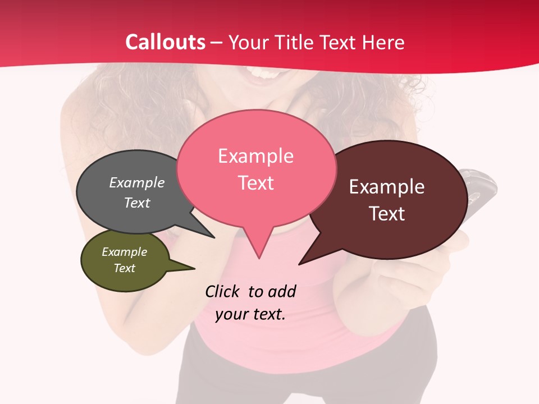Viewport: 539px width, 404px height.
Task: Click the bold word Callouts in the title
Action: pyautogui.click(x=166, y=42)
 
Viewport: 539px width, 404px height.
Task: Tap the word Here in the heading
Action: pyautogui.click(x=382, y=42)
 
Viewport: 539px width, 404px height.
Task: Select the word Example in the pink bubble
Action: pyautogui.click(x=255, y=156)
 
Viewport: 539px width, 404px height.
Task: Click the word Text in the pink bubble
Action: pyautogui.click(x=255, y=183)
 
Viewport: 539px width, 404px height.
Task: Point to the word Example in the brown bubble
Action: pyautogui.click(x=387, y=187)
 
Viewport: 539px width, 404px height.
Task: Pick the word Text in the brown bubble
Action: pyautogui.click(x=387, y=214)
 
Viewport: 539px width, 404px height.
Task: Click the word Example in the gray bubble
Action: pyautogui.click(x=137, y=182)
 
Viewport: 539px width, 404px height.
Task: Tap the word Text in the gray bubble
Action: pyautogui.click(x=137, y=203)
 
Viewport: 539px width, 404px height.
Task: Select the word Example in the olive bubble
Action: pyautogui.click(x=124, y=252)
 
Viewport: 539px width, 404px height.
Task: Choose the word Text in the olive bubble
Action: pyautogui.click(x=124, y=268)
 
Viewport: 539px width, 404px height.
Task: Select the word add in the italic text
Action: pyautogui.click(x=282, y=291)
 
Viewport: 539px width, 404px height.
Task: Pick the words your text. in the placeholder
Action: pyautogui.click(x=250, y=314)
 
